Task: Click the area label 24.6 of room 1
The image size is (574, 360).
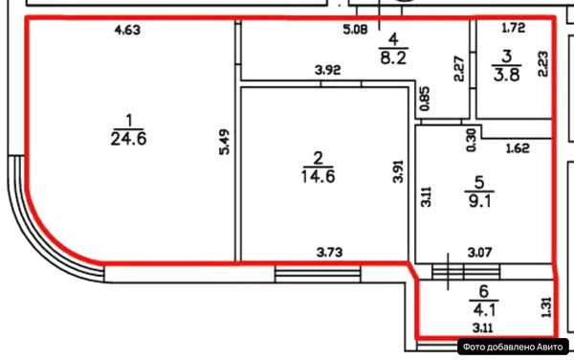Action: coord(127,139)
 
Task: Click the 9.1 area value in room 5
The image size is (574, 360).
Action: coord(483,200)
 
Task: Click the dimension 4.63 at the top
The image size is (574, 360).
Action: coord(127,31)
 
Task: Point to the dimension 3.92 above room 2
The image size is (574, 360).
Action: coord(329,70)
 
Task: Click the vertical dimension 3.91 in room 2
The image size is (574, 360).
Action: coord(398,171)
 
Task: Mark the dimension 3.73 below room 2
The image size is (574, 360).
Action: coord(331,252)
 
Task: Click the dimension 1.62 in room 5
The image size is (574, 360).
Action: coord(517,148)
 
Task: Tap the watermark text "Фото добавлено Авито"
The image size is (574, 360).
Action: coord(513,348)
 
